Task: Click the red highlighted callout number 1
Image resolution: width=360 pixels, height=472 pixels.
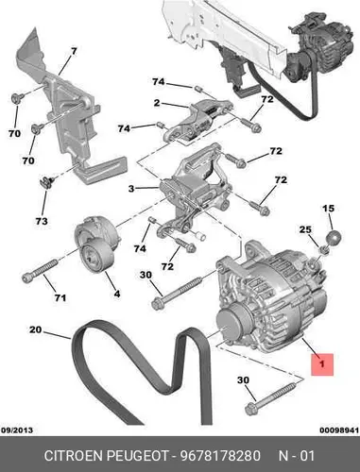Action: coord(322,364)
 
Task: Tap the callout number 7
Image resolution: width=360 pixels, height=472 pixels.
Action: coord(74,51)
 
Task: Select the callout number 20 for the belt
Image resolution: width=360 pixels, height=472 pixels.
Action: coord(35,329)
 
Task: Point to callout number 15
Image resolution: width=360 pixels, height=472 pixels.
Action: coord(328,209)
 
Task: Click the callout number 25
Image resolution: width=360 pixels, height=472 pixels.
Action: coord(305,229)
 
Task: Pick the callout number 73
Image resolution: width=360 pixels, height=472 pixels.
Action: coord(42,221)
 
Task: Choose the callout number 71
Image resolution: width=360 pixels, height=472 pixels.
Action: coord(60,297)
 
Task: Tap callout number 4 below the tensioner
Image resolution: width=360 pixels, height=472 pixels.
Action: coord(117,294)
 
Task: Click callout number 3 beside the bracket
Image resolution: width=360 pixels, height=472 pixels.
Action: coord(131,189)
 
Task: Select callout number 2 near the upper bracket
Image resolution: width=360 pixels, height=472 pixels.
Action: coord(157,103)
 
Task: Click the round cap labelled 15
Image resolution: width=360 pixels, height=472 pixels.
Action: coord(334,238)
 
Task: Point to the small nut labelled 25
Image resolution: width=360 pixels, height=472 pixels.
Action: coord(325,250)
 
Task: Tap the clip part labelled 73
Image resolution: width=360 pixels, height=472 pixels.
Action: coord(46,183)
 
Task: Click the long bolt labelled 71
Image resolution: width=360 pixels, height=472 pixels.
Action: coord(40,269)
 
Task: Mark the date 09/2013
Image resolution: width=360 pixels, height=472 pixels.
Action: coord(17,430)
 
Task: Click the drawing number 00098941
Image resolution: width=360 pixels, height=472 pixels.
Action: coord(339,430)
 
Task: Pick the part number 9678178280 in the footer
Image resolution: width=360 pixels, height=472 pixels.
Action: coord(220,456)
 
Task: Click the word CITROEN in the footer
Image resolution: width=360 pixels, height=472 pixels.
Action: coord(74,456)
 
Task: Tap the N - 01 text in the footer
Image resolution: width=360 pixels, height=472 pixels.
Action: coord(297,456)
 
